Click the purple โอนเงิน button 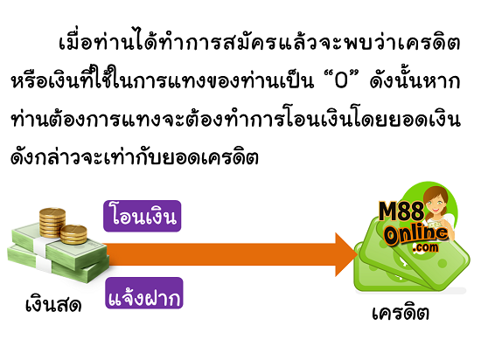coord(143,216)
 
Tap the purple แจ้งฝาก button coord(144,294)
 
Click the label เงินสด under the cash coord(53,305)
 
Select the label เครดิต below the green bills coord(401,313)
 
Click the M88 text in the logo coord(401,211)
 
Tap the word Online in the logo coord(416,235)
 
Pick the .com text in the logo coord(426,247)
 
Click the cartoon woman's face coord(435,202)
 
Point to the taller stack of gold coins coord(52,222)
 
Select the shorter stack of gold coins coord(73,234)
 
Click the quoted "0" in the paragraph coord(341,81)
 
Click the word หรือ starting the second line coord(30,81)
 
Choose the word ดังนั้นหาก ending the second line coord(415,81)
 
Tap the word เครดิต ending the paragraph coord(230,158)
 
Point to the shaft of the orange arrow coord(221,254)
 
